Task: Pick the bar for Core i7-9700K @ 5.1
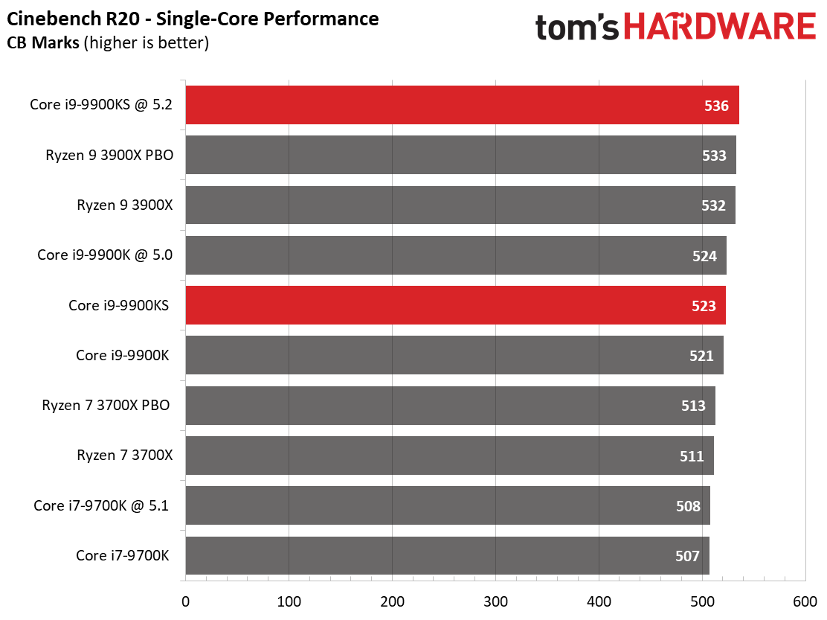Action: tap(446, 505)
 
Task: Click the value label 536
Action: tap(716, 106)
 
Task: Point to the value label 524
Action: tap(704, 256)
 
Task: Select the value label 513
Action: tap(692, 406)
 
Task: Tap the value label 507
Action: tap(687, 556)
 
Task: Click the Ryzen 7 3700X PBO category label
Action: tap(106, 406)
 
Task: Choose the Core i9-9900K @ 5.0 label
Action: tap(105, 255)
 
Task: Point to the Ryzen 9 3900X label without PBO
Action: tap(124, 205)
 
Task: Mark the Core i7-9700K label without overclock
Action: tap(123, 555)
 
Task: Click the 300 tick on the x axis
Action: tap(495, 601)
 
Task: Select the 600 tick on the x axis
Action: tap(805, 601)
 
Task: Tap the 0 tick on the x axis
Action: tap(185, 601)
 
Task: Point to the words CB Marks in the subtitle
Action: tap(44, 43)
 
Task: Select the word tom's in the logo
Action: tap(576, 28)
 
